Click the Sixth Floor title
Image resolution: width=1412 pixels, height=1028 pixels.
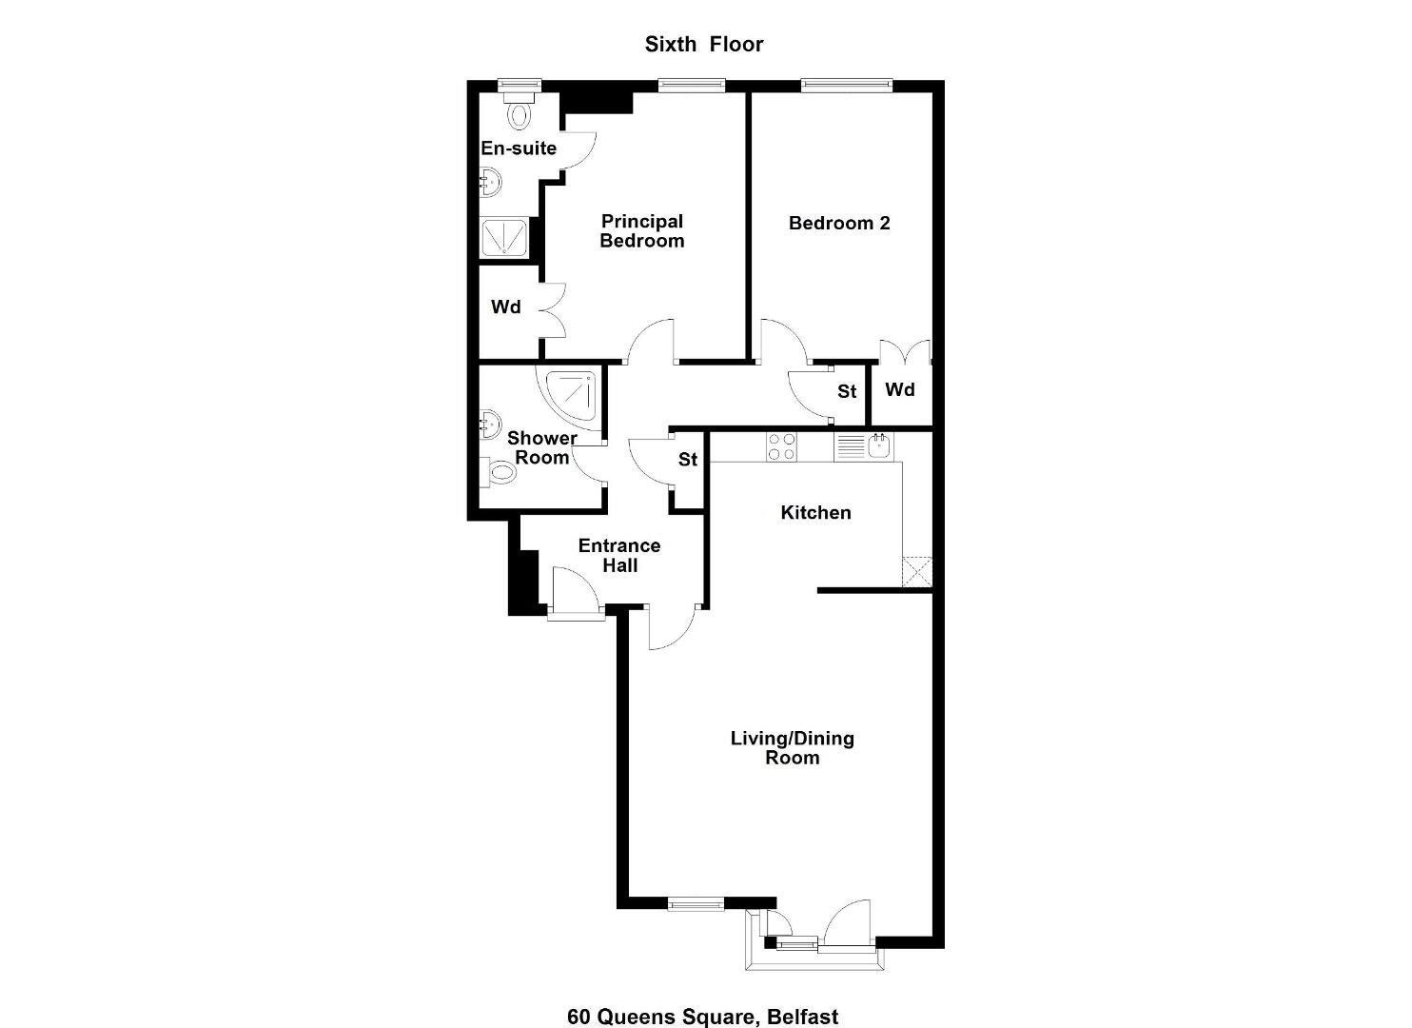[x=703, y=44]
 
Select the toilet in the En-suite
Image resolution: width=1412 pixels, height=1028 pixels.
[x=520, y=109]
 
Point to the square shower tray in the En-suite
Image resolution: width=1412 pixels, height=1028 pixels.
[x=504, y=237]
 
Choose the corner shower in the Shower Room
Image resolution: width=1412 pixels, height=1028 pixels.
[x=572, y=395]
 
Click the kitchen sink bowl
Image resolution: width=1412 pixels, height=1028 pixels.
[x=879, y=445]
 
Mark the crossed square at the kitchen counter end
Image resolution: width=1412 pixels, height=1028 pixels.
[x=916, y=571]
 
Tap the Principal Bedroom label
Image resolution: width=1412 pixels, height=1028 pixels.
[x=641, y=231]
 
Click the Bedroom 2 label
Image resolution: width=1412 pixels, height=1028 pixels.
[x=839, y=223]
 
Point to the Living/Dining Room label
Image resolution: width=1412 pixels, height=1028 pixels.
[x=793, y=747]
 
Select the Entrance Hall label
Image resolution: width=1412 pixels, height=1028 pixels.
[x=619, y=555]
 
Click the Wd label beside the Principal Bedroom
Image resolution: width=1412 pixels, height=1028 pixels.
[x=505, y=307]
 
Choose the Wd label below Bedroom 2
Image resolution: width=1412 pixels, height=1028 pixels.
[x=899, y=389]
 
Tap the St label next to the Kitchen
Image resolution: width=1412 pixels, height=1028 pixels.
[x=688, y=459]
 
